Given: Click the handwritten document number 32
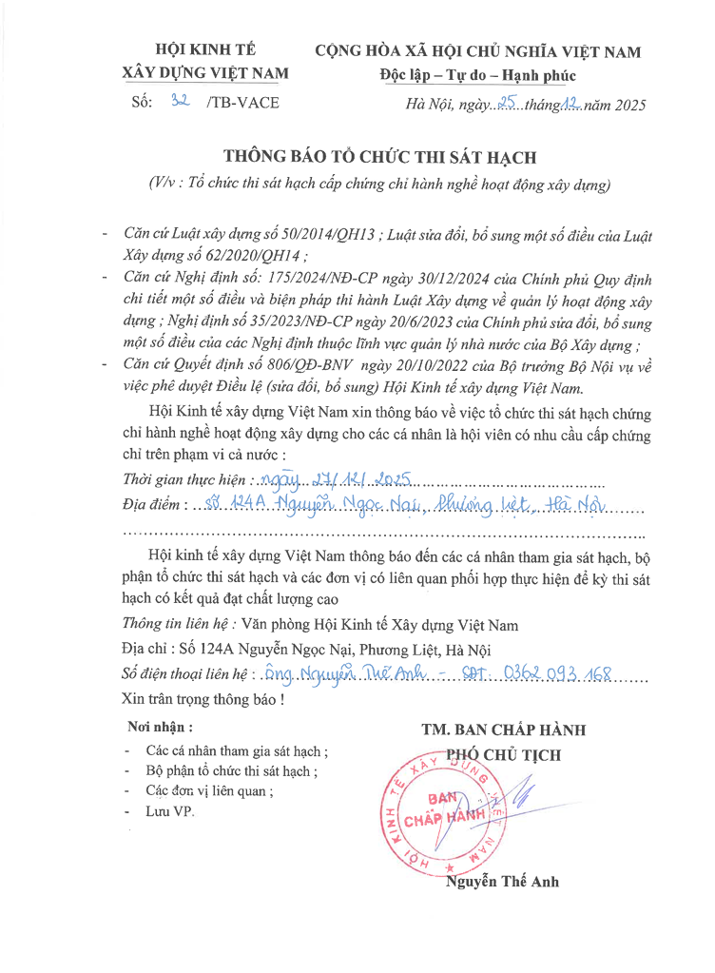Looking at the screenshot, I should (x=178, y=102).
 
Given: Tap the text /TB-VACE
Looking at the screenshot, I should (x=242, y=103).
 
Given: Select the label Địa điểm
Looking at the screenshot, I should (x=155, y=503).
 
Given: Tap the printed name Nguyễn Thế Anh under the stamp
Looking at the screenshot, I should (x=503, y=881).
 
